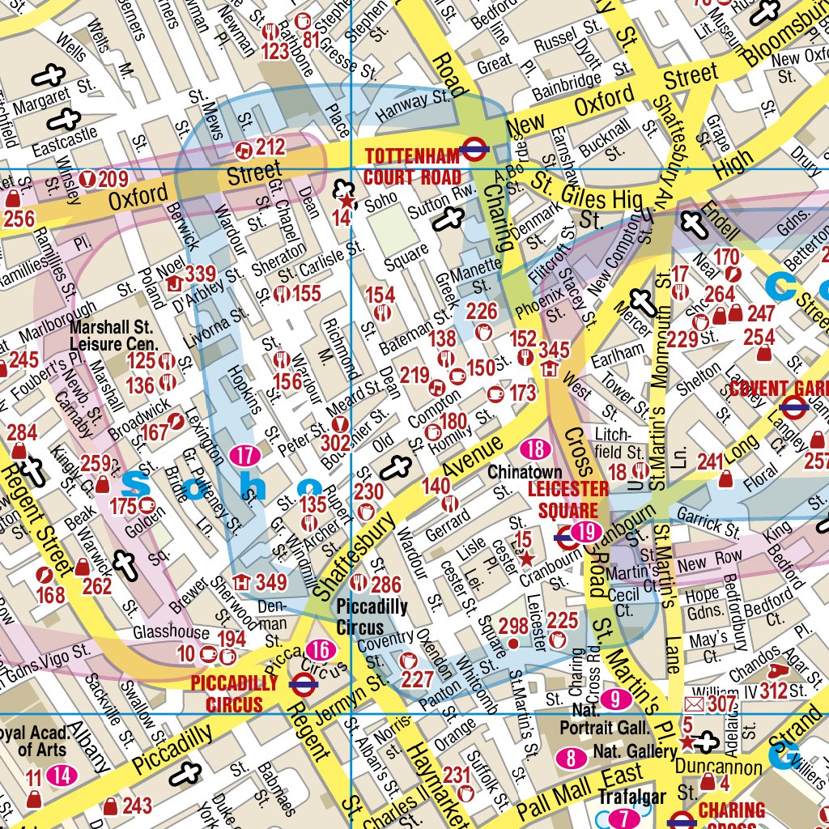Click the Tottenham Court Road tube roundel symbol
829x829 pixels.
(474, 148)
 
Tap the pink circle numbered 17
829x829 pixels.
(244, 456)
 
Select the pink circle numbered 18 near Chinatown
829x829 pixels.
(535, 450)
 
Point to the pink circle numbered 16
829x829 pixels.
(321, 650)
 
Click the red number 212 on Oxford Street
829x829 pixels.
(270, 147)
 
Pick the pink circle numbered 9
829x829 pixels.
(615, 699)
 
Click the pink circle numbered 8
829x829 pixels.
(572, 759)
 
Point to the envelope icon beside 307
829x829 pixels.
(695, 704)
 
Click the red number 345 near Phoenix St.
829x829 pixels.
(554, 350)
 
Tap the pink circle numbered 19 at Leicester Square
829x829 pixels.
(587, 532)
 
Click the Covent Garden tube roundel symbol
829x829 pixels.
(795, 409)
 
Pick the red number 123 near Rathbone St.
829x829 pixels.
(275, 52)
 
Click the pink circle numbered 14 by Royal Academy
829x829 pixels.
(62, 776)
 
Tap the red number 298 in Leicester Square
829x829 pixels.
(513, 625)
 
